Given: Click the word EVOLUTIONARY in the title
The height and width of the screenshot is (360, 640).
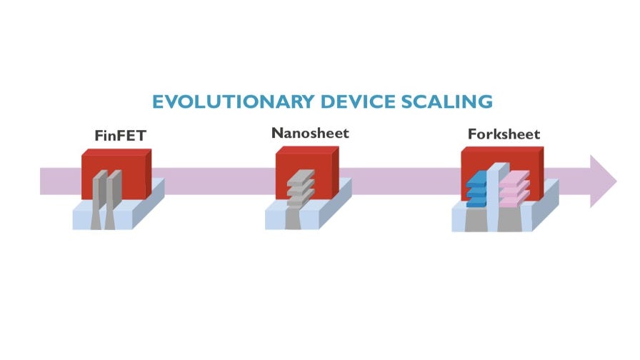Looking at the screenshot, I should click(x=233, y=101).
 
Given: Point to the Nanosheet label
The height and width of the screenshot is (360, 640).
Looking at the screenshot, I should click(x=310, y=133).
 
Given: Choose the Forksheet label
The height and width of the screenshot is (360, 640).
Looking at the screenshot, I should click(x=504, y=134).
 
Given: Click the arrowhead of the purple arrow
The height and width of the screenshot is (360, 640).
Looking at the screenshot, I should click(x=604, y=181).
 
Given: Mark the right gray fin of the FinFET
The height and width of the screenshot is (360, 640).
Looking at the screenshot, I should click(x=113, y=193).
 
